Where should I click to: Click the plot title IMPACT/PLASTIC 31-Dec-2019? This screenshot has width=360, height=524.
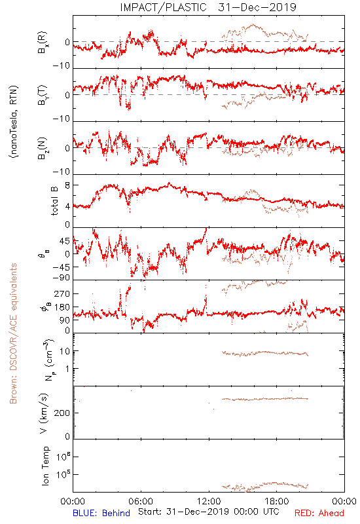(x=208, y=7)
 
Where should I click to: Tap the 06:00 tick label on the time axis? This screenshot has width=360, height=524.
(x=141, y=501)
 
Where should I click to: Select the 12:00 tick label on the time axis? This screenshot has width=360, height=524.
(x=209, y=501)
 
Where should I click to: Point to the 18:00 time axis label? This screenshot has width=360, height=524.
(x=277, y=501)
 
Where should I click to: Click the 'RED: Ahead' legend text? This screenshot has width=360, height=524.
(x=319, y=513)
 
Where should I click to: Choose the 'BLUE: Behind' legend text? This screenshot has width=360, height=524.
(x=101, y=513)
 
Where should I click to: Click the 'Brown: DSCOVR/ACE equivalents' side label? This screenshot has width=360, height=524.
(x=13, y=333)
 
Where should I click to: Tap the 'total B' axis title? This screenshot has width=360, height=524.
(x=54, y=201)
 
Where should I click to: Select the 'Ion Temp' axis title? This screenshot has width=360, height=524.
(x=45, y=466)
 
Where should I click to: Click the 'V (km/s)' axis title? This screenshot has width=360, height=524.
(x=44, y=413)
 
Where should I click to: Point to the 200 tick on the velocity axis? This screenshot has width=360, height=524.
(x=62, y=413)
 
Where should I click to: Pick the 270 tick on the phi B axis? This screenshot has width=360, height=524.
(x=62, y=293)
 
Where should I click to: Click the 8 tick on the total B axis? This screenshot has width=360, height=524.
(x=67, y=185)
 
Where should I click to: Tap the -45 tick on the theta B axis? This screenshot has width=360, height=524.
(x=62, y=267)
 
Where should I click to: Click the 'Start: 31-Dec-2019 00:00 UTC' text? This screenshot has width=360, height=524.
(x=209, y=512)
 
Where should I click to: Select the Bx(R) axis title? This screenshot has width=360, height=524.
(x=43, y=43)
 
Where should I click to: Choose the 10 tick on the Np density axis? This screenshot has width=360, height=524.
(x=65, y=351)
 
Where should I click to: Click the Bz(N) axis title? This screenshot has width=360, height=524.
(x=43, y=148)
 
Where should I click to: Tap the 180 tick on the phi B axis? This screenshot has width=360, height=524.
(x=62, y=307)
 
